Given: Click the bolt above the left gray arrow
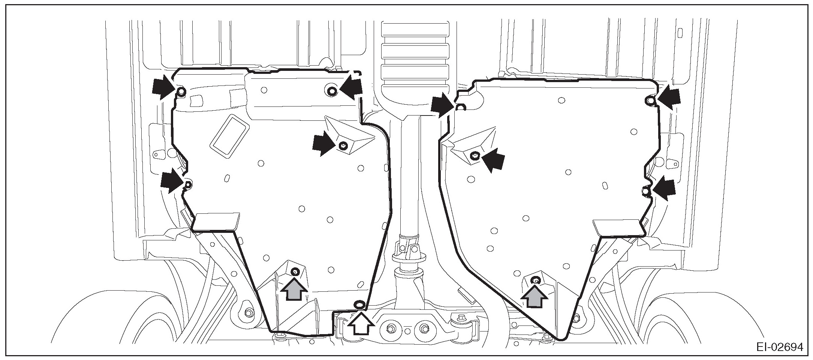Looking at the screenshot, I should pos(295,271).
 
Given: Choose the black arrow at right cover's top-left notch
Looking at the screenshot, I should pos(442,105).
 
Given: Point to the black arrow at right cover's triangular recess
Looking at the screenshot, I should pos(493,160).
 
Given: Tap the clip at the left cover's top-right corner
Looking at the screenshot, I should pos(332,90).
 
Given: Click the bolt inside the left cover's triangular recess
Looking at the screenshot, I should pos(342,145).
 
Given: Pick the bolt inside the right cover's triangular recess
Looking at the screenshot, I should pos(475,155).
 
